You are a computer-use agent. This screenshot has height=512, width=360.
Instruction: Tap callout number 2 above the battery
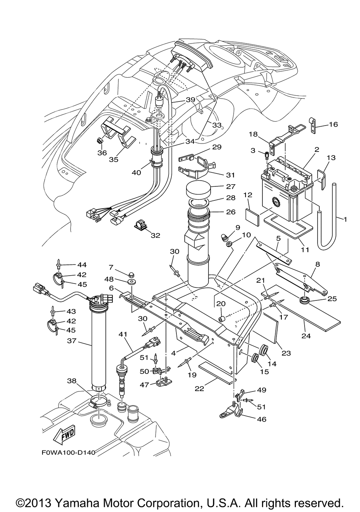(x=316, y=149)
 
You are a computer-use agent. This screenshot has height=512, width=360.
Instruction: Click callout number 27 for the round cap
(x=230, y=186)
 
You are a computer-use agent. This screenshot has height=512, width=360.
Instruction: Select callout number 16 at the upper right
(x=333, y=124)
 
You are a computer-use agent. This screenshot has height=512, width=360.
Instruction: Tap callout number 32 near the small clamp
(x=156, y=235)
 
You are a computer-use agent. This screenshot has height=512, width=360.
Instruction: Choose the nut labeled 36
(x=100, y=142)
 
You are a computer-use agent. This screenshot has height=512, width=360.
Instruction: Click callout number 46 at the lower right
(x=262, y=419)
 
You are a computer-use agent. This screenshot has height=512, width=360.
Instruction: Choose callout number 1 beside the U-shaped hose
(x=345, y=219)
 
